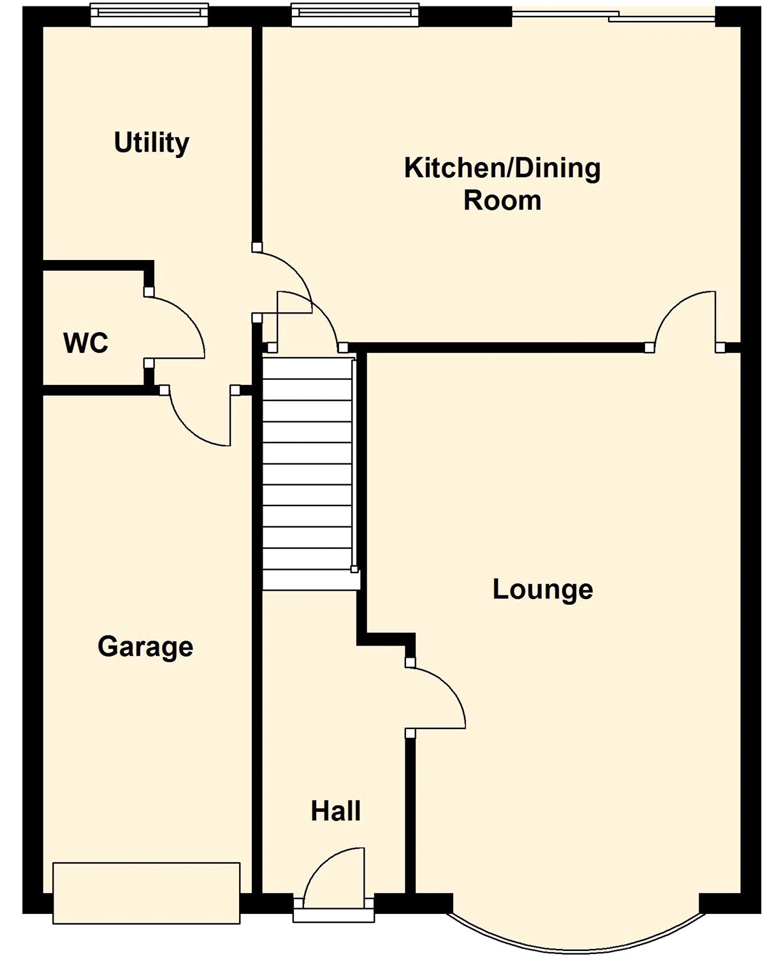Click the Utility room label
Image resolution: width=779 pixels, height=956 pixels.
click(152, 143)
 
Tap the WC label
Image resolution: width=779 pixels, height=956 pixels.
click(86, 344)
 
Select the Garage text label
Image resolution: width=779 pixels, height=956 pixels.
click(145, 648)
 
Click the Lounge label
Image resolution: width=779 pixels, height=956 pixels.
click(543, 590)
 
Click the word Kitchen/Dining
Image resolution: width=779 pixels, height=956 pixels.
click(502, 169)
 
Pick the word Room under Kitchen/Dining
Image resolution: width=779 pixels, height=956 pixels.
click(502, 201)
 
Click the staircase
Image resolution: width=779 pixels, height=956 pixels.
click(310, 474)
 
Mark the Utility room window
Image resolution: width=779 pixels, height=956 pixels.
click(149, 15)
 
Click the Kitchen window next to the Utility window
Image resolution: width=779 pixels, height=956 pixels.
click(354, 15)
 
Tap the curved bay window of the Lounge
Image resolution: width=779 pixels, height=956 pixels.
click(576, 940)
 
